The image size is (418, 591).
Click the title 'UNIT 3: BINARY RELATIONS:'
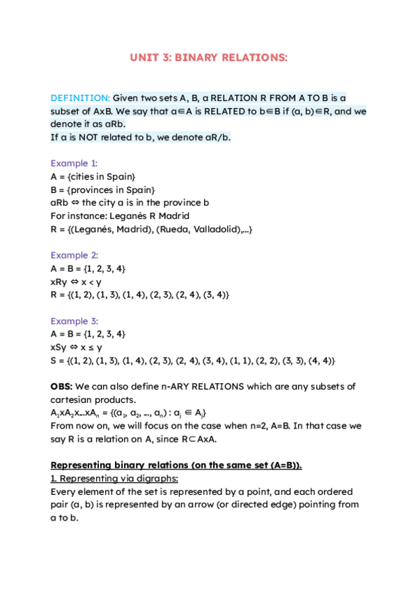(x=208, y=58)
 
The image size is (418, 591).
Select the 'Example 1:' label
(x=74, y=163)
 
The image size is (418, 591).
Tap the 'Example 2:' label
(x=74, y=255)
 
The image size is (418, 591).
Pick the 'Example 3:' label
(x=74, y=321)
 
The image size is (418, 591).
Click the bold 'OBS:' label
(x=61, y=386)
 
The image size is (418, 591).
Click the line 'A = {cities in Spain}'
(x=93, y=176)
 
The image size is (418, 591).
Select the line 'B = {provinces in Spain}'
(x=103, y=190)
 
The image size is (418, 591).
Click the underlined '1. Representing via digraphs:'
(x=114, y=478)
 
